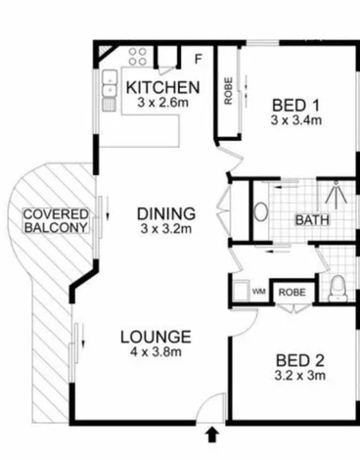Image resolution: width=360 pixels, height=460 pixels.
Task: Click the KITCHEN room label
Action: [163, 87]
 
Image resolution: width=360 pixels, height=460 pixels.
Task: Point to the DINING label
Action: [165, 213]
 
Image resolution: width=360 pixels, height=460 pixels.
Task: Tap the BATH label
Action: [312, 220]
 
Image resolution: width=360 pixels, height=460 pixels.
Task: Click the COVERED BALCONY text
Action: [56, 220]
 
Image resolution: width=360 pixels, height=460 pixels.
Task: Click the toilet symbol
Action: [338, 288]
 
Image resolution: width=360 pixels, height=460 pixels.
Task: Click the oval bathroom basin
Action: [262, 212]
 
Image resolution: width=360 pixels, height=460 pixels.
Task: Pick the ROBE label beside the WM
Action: [291, 292]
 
